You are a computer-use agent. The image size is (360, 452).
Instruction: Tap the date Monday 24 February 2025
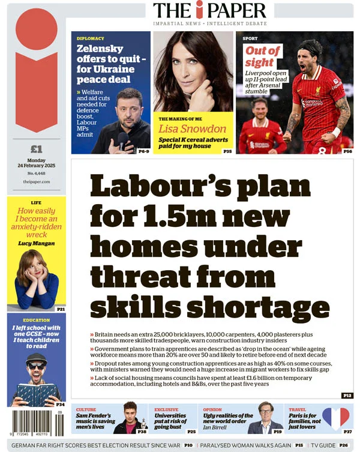[x=37, y=163]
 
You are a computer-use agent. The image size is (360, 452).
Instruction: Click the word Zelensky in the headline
[x=100, y=49]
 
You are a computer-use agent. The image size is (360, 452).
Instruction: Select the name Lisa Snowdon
[x=193, y=128]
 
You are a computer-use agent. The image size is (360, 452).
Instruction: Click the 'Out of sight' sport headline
[x=263, y=56]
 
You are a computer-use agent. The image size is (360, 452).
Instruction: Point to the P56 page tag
[x=347, y=151]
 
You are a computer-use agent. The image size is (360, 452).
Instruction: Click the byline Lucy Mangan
[x=37, y=243]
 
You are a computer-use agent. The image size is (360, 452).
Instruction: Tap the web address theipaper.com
[x=37, y=181]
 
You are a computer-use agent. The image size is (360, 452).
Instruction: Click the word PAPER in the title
[x=235, y=10]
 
